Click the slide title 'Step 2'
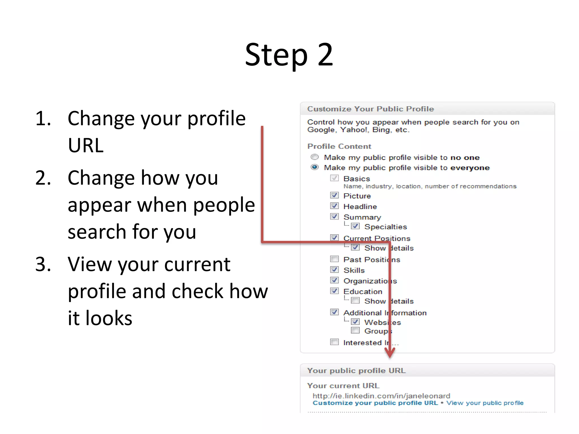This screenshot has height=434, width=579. (289, 55)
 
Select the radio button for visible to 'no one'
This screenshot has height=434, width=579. (315, 157)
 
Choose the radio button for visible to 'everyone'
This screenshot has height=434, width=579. (315, 167)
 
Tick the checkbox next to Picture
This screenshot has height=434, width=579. (334, 195)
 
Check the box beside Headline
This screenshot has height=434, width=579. (334, 206)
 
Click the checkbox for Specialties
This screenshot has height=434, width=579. (355, 226)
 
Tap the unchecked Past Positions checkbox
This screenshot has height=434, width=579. (334, 259)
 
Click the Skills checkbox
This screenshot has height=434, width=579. (334, 270)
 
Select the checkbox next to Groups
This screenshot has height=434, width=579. (355, 330)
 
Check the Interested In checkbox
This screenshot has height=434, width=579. (334, 342)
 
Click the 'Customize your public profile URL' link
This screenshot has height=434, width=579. (375, 403)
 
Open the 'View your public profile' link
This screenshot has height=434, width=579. (485, 403)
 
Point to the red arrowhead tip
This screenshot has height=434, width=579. (390, 357)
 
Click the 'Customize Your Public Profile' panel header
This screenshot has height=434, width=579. (370, 109)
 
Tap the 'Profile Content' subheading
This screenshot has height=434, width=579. (339, 146)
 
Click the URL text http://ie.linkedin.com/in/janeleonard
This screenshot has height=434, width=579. (381, 396)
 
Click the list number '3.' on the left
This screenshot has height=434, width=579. (43, 264)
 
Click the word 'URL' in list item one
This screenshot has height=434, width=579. (86, 146)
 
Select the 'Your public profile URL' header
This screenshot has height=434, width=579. (356, 370)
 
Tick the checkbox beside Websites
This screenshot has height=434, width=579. (355, 322)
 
